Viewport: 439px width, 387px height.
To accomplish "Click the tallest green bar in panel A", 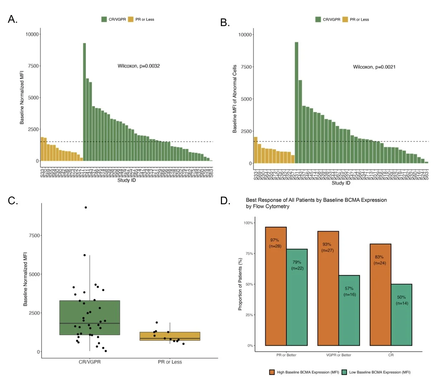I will (85, 102).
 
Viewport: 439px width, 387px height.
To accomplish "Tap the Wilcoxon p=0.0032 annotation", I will (139, 66).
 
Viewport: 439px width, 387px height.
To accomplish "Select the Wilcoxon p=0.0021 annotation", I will (374, 67).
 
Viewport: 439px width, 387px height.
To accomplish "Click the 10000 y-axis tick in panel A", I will (32, 34).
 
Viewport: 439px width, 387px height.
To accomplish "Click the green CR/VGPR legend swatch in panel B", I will (318, 19).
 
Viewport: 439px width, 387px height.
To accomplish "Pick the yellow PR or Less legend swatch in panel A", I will (131, 19).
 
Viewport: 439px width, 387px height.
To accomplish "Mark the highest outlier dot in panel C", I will (86, 207).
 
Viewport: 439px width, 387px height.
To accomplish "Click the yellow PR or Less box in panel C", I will (170, 336).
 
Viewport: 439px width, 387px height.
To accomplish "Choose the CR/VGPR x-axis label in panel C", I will (90, 362).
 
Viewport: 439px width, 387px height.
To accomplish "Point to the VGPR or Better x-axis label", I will (339, 355).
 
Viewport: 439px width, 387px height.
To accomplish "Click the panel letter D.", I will (225, 201).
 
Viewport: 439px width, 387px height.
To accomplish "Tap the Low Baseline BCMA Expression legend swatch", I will (344, 372).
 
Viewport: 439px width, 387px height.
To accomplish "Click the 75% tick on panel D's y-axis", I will (248, 254).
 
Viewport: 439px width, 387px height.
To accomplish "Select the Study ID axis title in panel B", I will (341, 183).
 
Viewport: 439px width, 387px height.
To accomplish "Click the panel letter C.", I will (13, 201).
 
